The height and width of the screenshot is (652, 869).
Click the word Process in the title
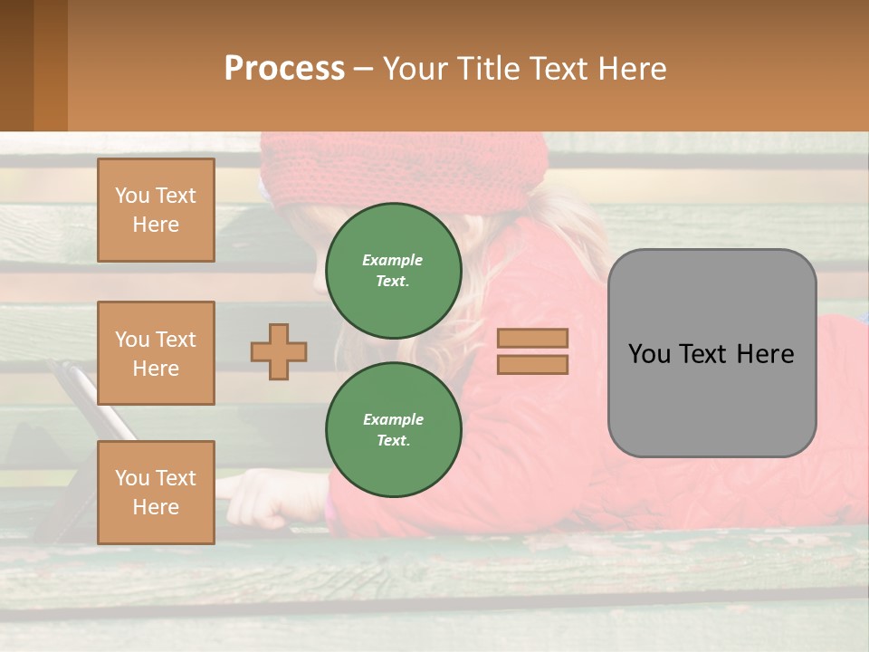pos(284,69)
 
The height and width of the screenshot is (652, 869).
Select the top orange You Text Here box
pos(156,210)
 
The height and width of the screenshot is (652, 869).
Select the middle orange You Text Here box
pos(156,353)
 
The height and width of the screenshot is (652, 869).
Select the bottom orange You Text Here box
pos(156,492)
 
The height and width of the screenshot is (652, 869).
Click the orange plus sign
pos(279,351)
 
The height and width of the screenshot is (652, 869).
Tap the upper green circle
pos(394,270)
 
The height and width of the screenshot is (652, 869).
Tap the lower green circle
pos(394,429)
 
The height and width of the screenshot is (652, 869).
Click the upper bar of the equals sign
pos(533,339)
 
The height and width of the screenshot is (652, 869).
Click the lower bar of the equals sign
pos(533,364)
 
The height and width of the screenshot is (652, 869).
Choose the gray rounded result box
pos(711,353)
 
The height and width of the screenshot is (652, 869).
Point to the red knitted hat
pos(398,168)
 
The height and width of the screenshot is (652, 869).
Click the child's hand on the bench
pos(258,498)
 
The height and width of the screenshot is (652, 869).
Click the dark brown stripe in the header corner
pos(16,65)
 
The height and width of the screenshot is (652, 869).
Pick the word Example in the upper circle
pos(392,260)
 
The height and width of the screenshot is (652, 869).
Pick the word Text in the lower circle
pos(392,440)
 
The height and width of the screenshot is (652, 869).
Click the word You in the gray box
pos(649,353)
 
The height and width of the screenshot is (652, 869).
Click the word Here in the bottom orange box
pos(156,507)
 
